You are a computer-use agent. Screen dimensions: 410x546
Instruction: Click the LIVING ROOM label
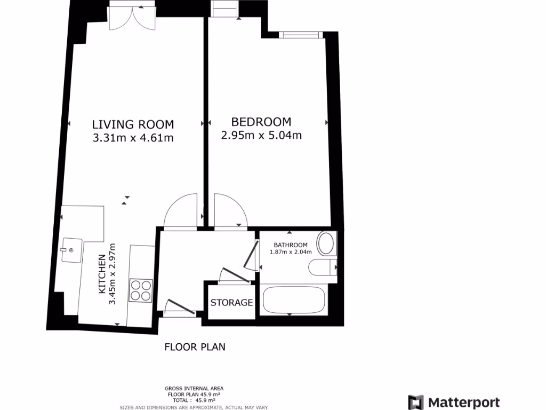coord(133,124)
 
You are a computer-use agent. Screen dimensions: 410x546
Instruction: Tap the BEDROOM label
coord(261,122)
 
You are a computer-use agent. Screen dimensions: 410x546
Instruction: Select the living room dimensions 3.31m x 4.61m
coord(133,138)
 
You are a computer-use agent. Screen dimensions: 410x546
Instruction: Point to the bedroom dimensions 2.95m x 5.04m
coord(261,135)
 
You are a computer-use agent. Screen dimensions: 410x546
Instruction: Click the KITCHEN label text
coord(101,274)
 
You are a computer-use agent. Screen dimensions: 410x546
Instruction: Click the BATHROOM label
coord(287,245)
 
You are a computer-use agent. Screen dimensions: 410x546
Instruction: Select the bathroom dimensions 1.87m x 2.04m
coord(287,252)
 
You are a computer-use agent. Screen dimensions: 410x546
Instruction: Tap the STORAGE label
coord(231,303)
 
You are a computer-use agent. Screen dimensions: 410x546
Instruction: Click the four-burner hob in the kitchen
coord(141,290)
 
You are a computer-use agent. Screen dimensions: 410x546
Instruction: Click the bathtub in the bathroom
coord(293,300)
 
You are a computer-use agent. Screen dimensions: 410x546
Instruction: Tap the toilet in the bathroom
coord(323,267)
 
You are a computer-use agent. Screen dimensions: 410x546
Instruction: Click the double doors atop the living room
coord(132,16)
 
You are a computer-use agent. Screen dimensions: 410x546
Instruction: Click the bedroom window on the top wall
coord(301,35)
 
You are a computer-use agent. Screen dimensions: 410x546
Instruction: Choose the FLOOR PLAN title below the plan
coord(195,347)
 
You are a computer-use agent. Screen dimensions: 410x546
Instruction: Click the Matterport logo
coord(454,403)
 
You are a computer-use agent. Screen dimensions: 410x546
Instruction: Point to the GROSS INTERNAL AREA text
coord(194,388)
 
